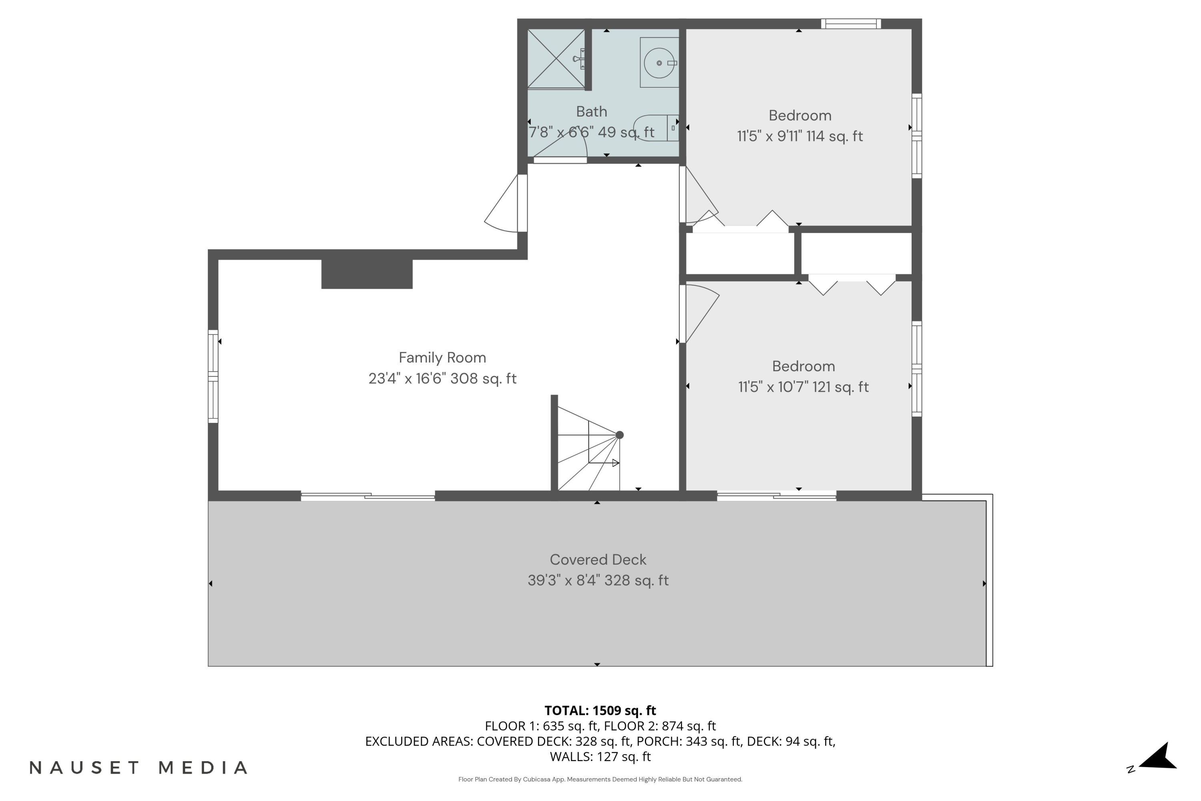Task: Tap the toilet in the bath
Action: pos(656,128)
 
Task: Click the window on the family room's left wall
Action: pos(213,376)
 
